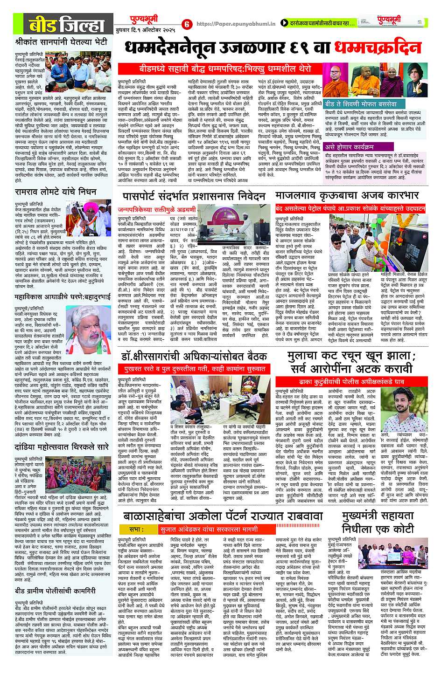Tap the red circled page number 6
187,24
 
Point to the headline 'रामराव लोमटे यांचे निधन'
56,192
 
